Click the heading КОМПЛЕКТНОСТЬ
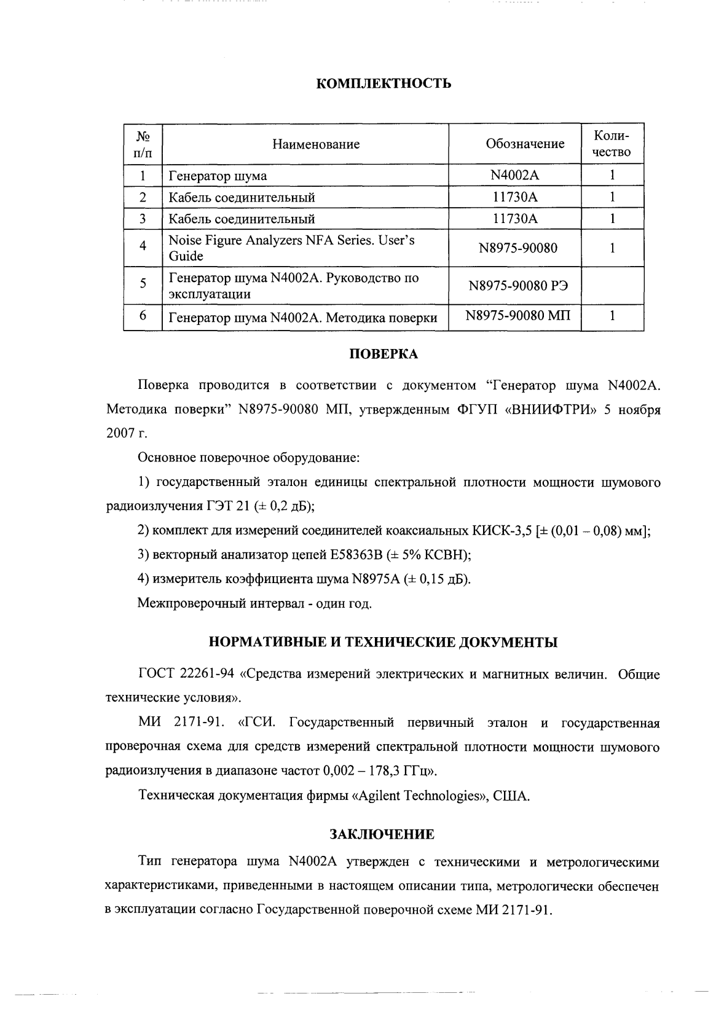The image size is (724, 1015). click(384, 84)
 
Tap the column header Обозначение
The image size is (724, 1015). click(524, 144)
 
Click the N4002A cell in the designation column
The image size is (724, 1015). click(514, 175)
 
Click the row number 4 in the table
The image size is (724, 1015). click(143, 246)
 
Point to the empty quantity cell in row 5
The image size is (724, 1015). click(612, 285)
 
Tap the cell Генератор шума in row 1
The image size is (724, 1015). click(218, 176)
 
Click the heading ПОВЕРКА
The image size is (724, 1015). click(384, 354)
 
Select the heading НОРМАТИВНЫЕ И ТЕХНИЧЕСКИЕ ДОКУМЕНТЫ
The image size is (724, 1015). click(384, 643)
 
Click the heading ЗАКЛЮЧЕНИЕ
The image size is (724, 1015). click(382, 834)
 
